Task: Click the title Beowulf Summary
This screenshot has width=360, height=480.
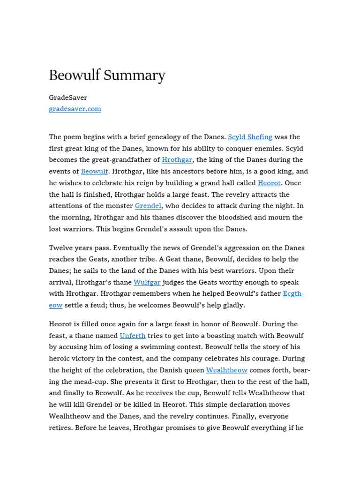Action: point(107,75)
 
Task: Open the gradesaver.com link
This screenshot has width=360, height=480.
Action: point(75,109)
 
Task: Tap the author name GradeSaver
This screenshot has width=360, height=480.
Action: point(68,97)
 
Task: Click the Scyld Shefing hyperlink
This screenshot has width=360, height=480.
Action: point(250,137)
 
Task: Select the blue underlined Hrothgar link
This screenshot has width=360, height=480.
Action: point(177,160)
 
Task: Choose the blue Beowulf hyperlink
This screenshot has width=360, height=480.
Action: point(94,172)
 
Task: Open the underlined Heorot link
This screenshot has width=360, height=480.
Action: point(269,183)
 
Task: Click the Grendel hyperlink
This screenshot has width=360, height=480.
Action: point(148,206)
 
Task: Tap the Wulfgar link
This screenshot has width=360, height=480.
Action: point(147,282)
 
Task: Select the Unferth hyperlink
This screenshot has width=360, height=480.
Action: point(133,336)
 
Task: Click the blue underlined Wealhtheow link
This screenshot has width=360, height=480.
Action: point(226,370)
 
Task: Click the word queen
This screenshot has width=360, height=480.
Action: point(193,370)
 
